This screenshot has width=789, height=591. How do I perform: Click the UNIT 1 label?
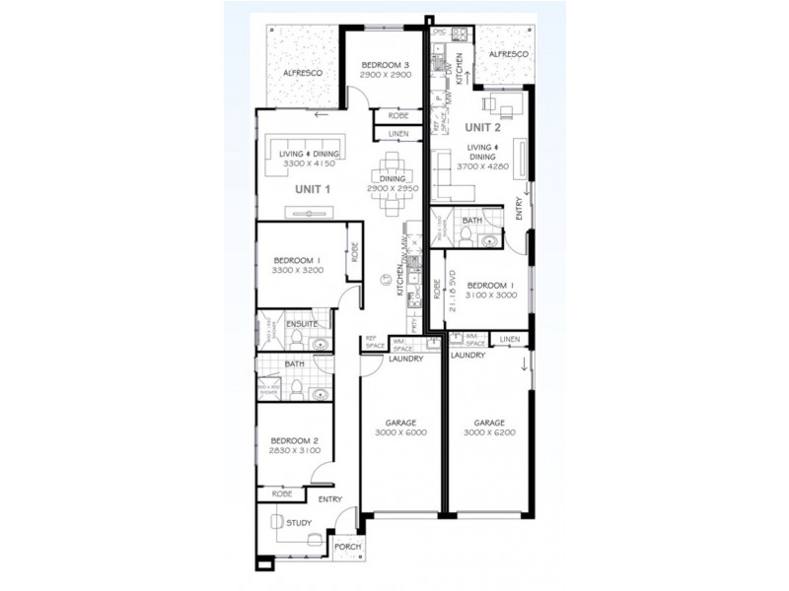pyautogui.click(x=312, y=188)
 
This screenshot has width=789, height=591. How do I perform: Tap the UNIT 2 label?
pyautogui.click(x=483, y=127)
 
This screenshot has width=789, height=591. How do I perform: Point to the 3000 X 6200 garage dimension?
pyautogui.click(x=488, y=432)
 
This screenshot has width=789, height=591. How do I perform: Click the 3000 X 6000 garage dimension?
pyautogui.click(x=399, y=432)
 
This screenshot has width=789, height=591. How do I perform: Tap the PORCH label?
pyautogui.click(x=346, y=546)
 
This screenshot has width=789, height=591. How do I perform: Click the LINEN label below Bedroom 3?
pyautogui.click(x=397, y=133)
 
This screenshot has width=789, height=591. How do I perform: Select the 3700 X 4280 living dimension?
pyautogui.click(x=482, y=168)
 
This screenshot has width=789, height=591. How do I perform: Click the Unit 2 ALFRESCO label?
pyautogui.click(x=509, y=54)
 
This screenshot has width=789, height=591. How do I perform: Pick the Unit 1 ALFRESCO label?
pyautogui.click(x=297, y=74)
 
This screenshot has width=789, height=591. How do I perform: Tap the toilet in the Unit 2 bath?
pyautogui.click(x=490, y=238)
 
